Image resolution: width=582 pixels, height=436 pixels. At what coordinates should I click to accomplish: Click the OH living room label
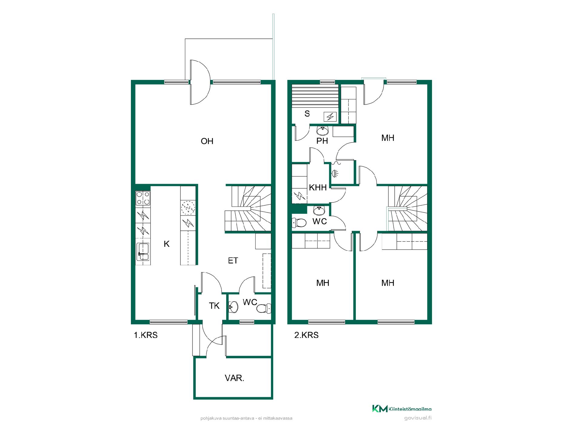tap(207, 141)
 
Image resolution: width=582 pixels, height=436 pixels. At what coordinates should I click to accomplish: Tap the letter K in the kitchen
tap(166, 244)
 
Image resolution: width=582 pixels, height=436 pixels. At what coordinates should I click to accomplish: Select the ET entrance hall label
tap(233, 261)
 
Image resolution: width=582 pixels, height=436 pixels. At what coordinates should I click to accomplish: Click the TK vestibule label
tap(214, 306)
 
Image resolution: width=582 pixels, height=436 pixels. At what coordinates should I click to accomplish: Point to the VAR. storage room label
tap(234, 378)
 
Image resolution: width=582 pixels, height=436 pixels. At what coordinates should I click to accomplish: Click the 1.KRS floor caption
tap(146, 335)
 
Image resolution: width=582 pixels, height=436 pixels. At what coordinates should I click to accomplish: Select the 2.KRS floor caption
tap(306, 335)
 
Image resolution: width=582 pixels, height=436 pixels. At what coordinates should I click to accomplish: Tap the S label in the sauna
tap(307, 114)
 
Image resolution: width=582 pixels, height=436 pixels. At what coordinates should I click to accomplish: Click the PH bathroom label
tap(322, 141)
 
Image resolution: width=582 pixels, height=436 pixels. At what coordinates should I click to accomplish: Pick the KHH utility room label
tap(318, 188)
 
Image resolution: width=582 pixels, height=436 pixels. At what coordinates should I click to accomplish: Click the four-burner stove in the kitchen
tap(143, 198)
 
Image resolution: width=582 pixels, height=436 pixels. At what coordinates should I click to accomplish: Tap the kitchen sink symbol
tap(143, 252)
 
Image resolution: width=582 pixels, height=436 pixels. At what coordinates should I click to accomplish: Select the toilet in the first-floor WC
tap(263, 308)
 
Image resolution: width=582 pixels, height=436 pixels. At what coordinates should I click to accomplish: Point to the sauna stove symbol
tap(330, 117)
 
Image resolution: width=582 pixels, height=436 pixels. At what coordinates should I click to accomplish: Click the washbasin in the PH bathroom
tap(323, 131)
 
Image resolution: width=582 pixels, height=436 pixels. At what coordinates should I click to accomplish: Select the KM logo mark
tap(380, 409)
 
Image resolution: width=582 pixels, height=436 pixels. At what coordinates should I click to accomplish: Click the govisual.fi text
tap(418, 418)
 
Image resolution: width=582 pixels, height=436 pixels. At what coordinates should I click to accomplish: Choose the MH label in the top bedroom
tap(388, 138)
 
